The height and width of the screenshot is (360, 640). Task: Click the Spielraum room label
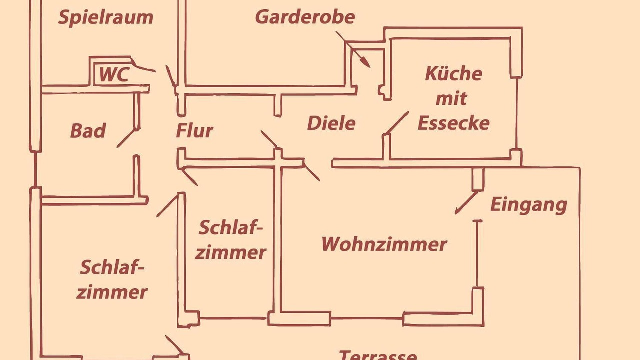pyautogui.click(x=105, y=18)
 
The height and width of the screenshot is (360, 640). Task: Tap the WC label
pyautogui.click(x=114, y=75)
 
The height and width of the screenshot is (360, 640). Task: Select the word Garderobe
pyautogui.click(x=305, y=17)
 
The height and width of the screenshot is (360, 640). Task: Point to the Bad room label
pyautogui.click(x=88, y=131)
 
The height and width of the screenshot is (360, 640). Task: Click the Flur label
pyautogui.click(x=194, y=131)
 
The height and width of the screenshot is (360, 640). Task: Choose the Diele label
pyautogui.click(x=331, y=123)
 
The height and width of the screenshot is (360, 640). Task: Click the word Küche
pyautogui.click(x=453, y=74)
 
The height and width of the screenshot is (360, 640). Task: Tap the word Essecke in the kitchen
pyautogui.click(x=453, y=123)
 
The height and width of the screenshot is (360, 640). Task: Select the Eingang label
pyautogui.click(x=528, y=204)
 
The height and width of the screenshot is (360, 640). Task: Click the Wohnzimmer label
pyautogui.click(x=384, y=244)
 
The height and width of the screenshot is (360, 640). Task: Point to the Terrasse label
pyautogui.click(x=378, y=355)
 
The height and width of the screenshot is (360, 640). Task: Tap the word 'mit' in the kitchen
pyautogui.click(x=451, y=98)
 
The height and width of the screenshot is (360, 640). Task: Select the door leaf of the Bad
pyautogui.click(x=127, y=138)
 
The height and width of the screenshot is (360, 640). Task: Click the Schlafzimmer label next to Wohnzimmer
pyautogui.click(x=230, y=240)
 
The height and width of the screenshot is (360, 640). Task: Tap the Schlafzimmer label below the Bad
pyautogui.click(x=112, y=279)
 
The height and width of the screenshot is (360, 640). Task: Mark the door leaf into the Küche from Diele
pyautogui.click(x=397, y=122)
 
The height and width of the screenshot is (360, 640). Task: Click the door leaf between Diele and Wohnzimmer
pyautogui.click(x=311, y=171)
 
